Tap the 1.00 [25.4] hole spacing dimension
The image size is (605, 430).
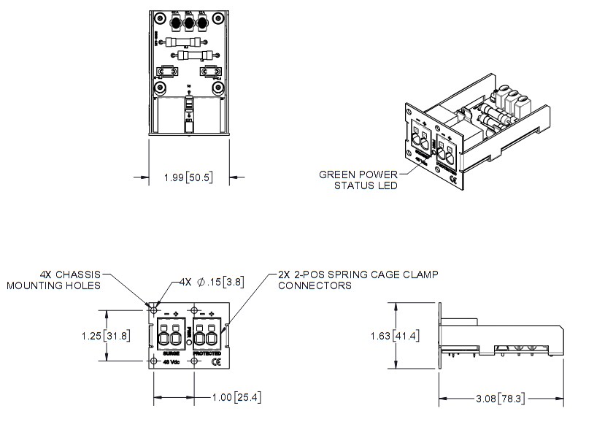coord(234,397)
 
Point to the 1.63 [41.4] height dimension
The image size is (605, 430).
coord(395,337)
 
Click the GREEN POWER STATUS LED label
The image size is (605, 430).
coord(358,180)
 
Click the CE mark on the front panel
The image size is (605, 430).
coord(215,361)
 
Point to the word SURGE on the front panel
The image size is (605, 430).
coord(172,353)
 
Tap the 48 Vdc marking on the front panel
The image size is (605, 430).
coord(172,361)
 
